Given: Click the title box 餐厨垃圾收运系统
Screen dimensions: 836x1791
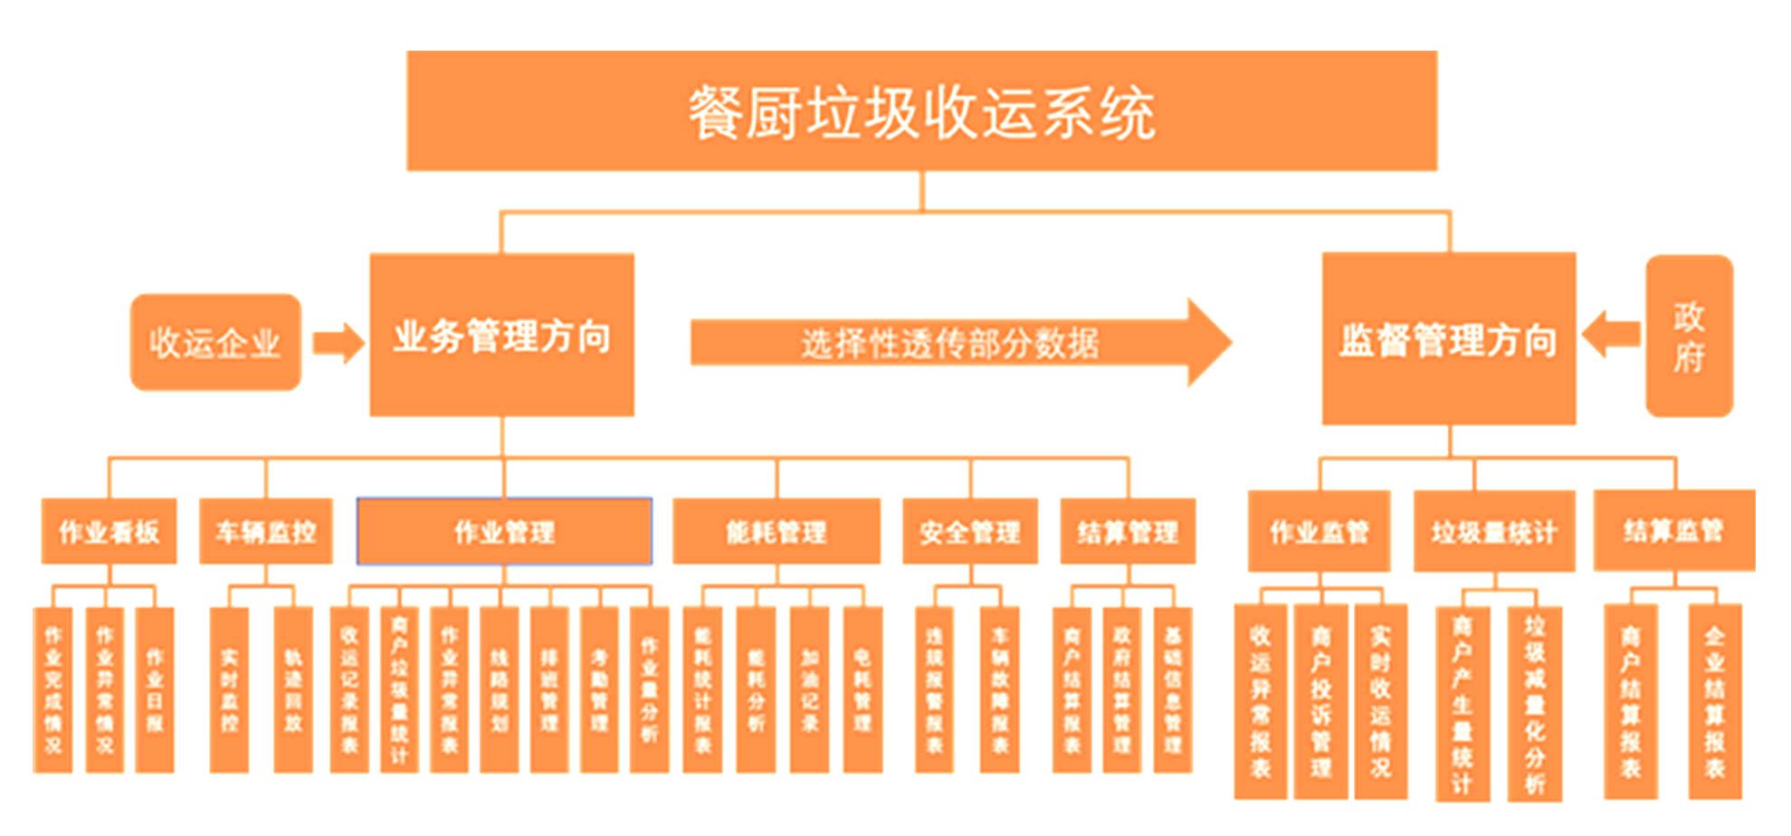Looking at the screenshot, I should [921, 110].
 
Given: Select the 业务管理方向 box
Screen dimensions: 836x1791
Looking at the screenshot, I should [501, 335].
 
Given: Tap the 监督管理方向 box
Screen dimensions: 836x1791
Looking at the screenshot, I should [1448, 338].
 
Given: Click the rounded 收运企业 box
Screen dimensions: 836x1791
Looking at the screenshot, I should [215, 342].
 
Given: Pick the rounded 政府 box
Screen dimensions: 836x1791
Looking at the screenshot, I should [1689, 337].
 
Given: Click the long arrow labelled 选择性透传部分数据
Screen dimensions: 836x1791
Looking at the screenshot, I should [950, 343].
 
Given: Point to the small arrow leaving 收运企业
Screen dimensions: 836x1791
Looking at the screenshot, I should [338, 344].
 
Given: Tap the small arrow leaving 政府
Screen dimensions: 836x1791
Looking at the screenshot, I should [1612, 334].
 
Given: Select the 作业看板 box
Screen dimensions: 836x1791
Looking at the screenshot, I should [109, 531].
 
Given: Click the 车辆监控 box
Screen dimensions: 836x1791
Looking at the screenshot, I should [265, 531].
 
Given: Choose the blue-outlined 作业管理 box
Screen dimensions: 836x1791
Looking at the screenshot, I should [504, 531].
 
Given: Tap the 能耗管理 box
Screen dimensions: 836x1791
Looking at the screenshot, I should [776, 531].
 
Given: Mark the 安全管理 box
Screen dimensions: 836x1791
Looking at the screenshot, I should [969, 531].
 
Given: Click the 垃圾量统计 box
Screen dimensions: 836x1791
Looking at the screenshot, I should [1493, 531].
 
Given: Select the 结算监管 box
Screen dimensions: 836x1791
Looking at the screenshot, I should [1673, 530].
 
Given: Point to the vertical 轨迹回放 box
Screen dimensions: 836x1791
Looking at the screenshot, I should [293, 689].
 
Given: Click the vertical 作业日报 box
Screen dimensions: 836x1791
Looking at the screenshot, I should [155, 689].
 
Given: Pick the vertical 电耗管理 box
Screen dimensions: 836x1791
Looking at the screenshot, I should [862, 689].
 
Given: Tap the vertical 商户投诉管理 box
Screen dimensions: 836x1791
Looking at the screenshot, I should [1320, 701].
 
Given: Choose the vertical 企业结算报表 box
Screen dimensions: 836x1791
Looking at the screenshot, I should [1714, 701].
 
